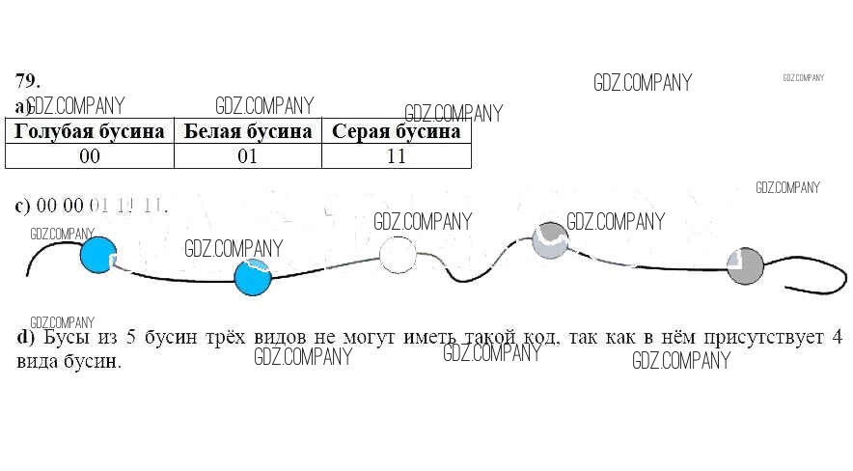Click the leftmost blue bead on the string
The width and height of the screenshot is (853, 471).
point(97,256)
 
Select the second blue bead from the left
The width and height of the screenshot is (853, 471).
point(253,277)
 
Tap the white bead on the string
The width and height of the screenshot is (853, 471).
point(397,255)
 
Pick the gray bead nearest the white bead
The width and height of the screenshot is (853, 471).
point(551,240)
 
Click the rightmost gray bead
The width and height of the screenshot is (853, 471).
point(744,266)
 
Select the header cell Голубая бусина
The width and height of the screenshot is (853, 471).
point(90,131)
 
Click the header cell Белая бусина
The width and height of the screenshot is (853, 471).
point(248,131)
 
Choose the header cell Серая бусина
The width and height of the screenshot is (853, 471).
point(396,131)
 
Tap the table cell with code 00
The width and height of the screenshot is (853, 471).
point(90,156)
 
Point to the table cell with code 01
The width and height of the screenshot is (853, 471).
point(248,156)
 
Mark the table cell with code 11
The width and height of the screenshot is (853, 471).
point(396,156)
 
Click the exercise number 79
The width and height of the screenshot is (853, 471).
point(27,81)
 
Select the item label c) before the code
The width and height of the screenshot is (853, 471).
point(23,206)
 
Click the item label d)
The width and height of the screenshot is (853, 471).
point(25,339)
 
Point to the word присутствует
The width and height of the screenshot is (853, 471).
point(754,339)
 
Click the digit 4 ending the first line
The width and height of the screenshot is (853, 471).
point(838,339)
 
